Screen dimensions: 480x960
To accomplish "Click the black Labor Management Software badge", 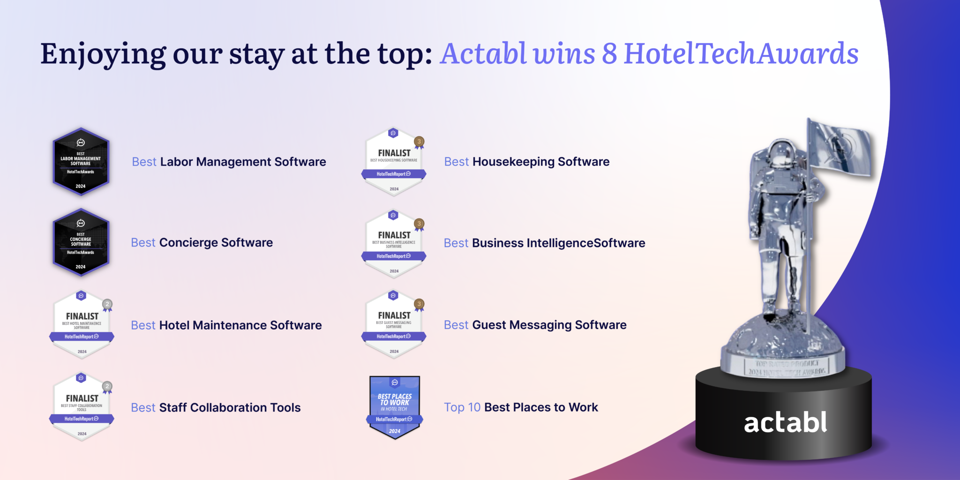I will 81,162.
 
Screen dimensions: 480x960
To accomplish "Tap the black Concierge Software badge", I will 81,243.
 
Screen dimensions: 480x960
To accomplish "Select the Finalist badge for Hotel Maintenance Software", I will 82,325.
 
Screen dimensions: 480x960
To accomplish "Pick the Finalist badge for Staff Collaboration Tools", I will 82,407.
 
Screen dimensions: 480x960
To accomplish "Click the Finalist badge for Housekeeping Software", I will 394,162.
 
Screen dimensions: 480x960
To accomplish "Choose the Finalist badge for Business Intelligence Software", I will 394,244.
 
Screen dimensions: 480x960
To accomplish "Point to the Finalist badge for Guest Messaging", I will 394,324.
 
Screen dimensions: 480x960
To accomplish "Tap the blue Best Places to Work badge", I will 395,407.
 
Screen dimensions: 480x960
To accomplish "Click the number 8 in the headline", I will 609,53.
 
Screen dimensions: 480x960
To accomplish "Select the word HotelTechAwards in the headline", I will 741,53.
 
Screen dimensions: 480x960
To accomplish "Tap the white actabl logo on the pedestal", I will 785,422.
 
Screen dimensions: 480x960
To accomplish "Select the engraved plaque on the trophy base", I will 787,367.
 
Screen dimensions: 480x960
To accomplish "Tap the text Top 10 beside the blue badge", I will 462,407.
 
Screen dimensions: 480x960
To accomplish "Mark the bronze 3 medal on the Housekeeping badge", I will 419,142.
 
